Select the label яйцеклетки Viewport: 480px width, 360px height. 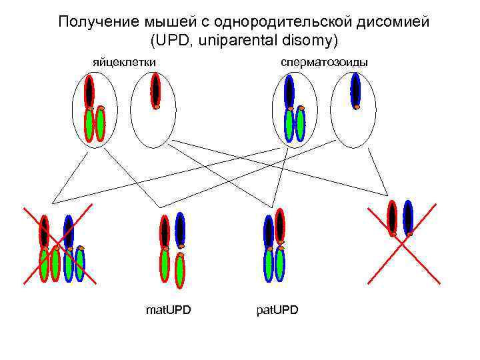click(124, 62)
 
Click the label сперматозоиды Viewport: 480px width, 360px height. click(325, 62)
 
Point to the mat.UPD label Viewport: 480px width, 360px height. click(168, 310)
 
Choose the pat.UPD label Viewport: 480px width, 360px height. click(277, 310)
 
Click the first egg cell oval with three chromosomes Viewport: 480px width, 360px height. click(95, 110)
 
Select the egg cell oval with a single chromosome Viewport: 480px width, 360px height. click(153, 110)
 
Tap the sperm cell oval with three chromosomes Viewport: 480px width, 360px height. click(294, 110)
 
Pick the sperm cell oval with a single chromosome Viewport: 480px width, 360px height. click(353, 110)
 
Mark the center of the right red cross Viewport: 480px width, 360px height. click(404, 245)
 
